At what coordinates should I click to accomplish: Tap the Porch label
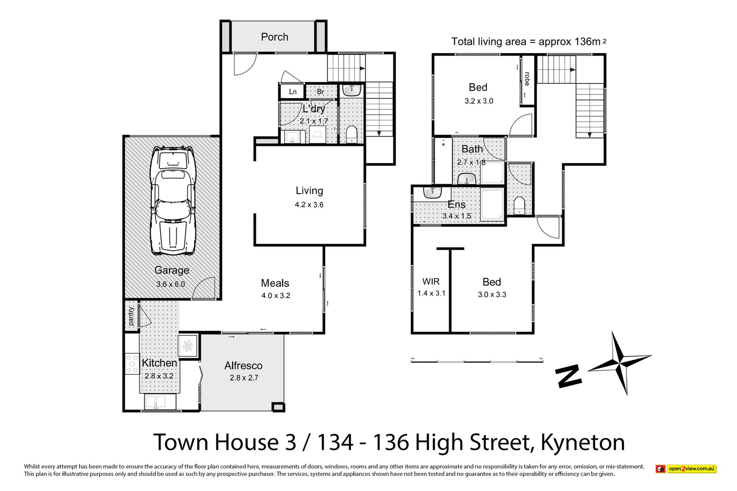(275, 37)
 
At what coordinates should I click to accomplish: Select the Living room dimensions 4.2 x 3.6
(309, 205)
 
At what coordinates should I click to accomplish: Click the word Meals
(275, 283)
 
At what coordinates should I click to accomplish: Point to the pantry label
(131, 316)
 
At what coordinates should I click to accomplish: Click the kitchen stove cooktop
(132, 363)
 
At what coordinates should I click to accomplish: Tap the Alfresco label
(243, 366)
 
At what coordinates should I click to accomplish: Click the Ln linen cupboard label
(292, 92)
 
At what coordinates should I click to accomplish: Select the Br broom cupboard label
(320, 92)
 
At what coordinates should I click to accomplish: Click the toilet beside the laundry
(352, 134)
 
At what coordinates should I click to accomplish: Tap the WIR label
(431, 281)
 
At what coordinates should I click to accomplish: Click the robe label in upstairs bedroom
(527, 78)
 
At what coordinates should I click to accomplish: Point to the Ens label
(456, 205)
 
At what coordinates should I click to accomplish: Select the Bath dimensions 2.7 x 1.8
(471, 162)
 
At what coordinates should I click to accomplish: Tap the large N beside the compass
(568, 377)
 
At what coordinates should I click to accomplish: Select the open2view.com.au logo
(686, 469)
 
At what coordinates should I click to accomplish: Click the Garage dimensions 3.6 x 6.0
(170, 284)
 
